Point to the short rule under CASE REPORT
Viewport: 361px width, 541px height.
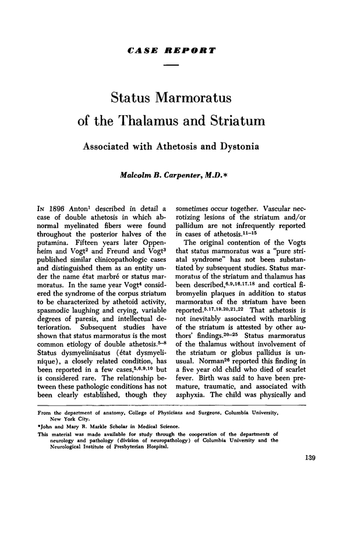tap(171, 65)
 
